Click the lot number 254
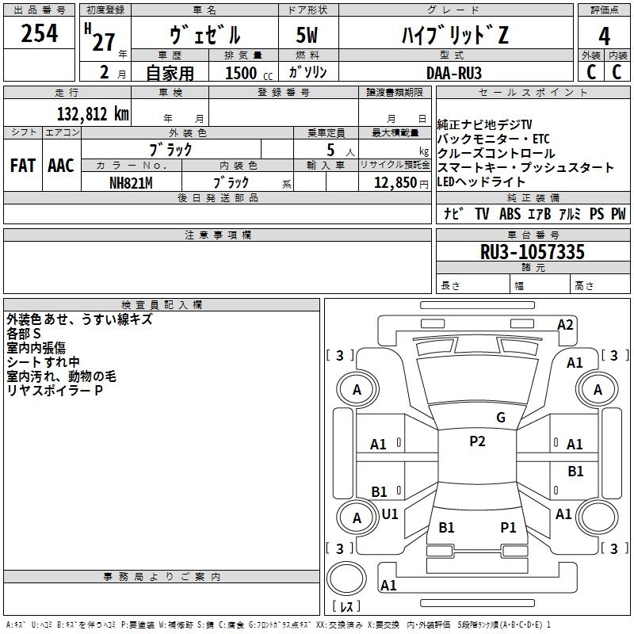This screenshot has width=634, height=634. tap(39, 34)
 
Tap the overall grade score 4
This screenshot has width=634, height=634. tap(604, 36)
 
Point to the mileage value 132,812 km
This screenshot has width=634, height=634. tap(93, 113)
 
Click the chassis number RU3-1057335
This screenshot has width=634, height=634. tap(533, 253)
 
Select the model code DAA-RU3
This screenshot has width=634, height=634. tap(453, 72)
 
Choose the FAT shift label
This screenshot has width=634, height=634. tap(22, 166)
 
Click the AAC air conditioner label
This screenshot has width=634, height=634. tap(60, 166)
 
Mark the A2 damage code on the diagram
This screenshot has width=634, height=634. tap(565, 324)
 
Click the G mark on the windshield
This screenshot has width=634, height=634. tap(500, 418)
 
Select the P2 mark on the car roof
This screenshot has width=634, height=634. tap(477, 441)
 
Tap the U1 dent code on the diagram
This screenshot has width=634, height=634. tap(390, 514)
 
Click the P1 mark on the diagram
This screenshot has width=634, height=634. tap(508, 527)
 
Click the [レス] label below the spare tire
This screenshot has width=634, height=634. tap(346, 607)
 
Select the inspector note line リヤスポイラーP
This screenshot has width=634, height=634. tap(55, 391)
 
